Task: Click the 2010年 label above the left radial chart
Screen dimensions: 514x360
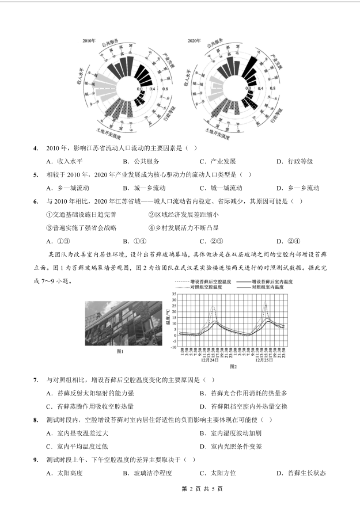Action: [89, 41]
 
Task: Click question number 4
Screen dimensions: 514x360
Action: [36, 148]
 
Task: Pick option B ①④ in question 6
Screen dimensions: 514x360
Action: [136, 241]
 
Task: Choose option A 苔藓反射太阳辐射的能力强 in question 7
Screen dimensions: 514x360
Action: [90, 393]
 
